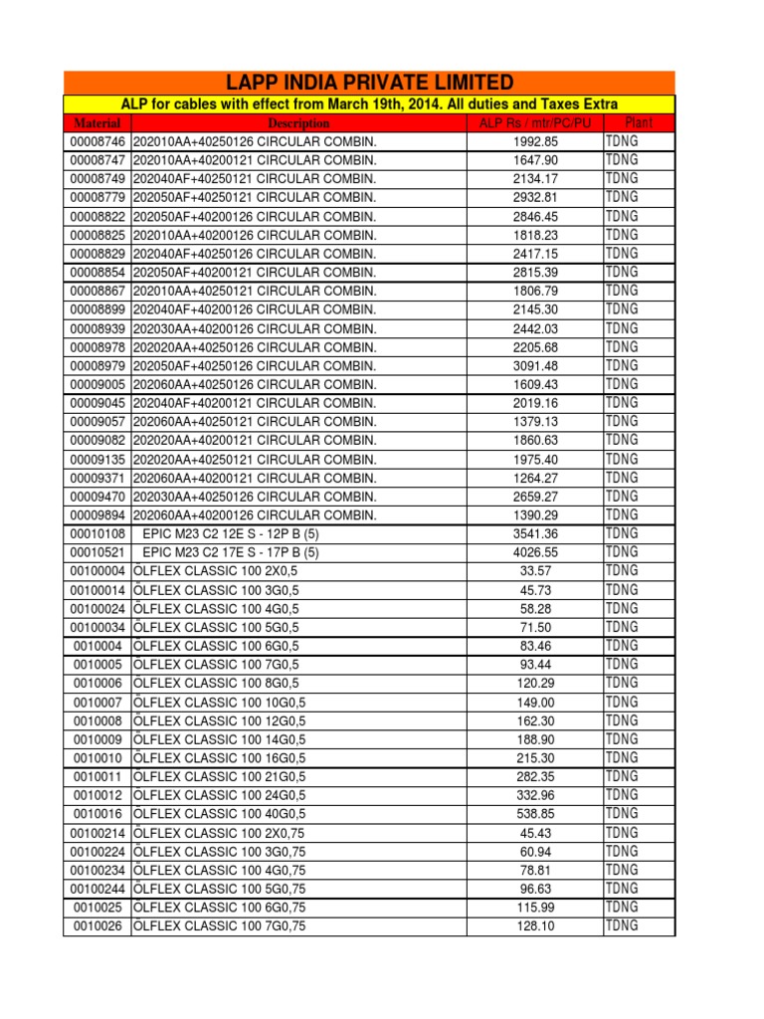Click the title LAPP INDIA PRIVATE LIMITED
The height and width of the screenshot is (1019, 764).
(x=369, y=83)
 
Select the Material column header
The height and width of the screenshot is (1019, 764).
(x=97, y=123)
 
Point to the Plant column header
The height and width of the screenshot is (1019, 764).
(x=637, y=123)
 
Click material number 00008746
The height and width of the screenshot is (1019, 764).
(x=97, y=142)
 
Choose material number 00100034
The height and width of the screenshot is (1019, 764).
(x=97, y=627)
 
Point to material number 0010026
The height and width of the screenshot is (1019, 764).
(x=97, y=925)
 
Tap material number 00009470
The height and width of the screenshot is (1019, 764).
(x=97, y=497)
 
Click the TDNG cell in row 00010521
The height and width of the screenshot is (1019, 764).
(x=622, y=552)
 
